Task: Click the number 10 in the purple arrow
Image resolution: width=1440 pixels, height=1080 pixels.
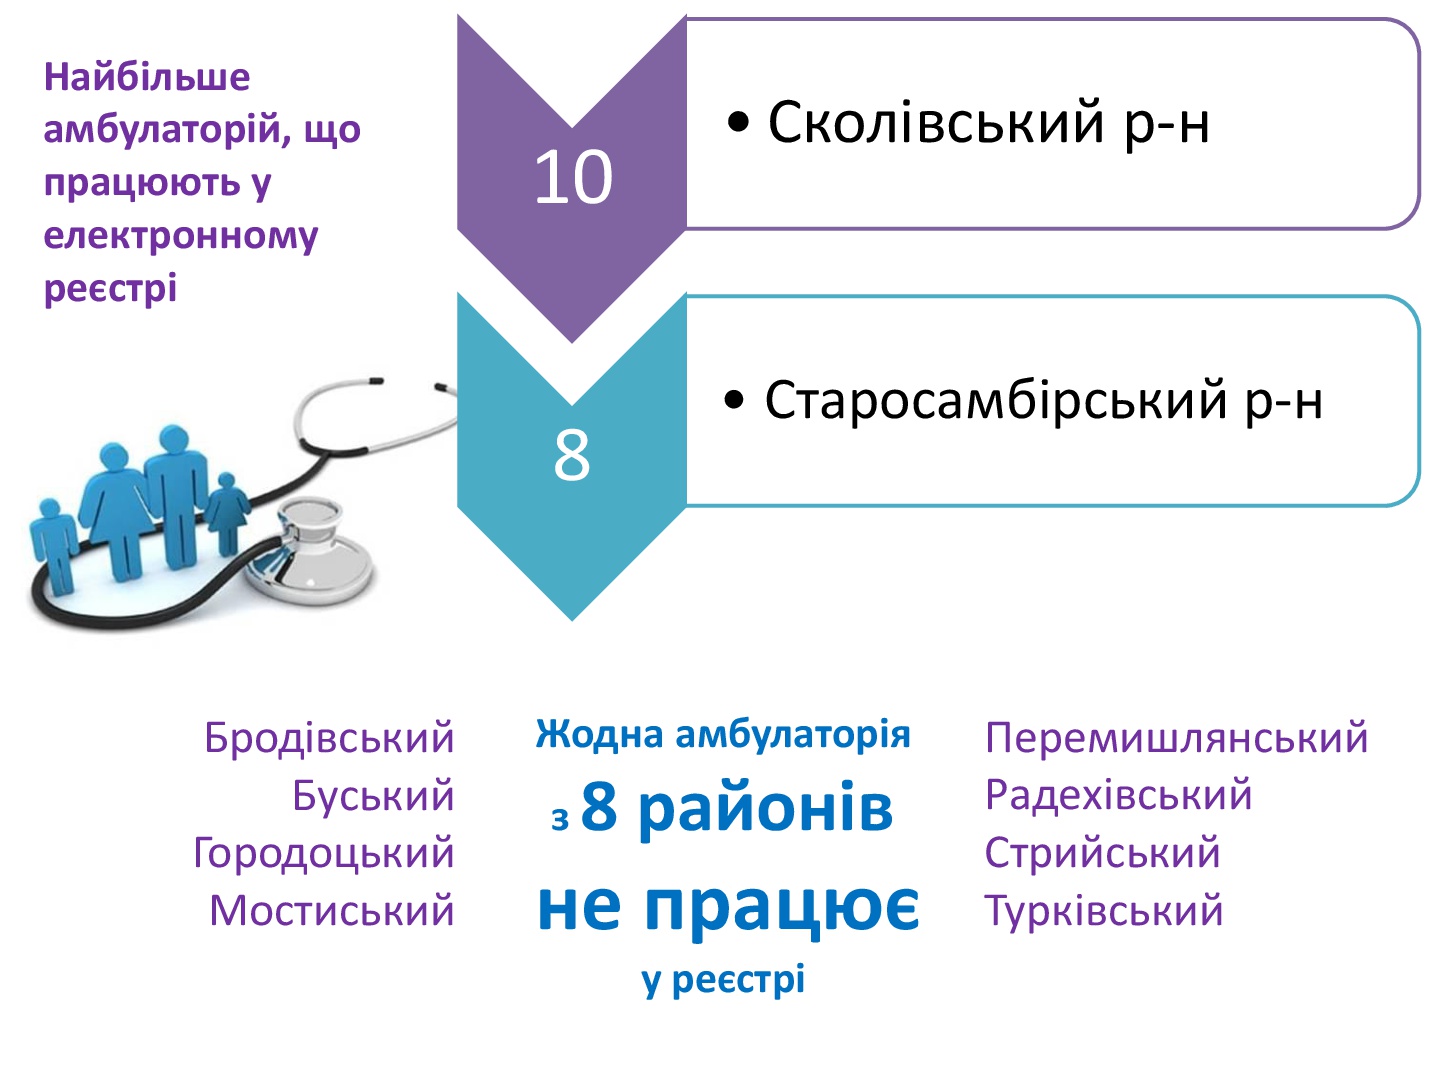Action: [x=573, y=177]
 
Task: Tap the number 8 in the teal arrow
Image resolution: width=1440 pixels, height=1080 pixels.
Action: [x=571, y=455]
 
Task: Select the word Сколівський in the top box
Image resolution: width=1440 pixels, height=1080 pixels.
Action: [x=936, y=123]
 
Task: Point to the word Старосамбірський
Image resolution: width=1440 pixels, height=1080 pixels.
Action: [x=995, y=401]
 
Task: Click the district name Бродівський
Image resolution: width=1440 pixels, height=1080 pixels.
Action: [x=329, y=738]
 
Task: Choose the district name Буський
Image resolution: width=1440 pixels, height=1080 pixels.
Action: [x=373, y=795]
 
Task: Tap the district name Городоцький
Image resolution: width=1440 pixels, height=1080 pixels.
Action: [x=323, y=853]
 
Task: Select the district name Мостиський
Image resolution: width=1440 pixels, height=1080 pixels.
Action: [x=331, y=911]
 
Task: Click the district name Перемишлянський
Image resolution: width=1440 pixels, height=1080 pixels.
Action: [x=1176, y=738]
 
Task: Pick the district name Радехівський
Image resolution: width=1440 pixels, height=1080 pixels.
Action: [x=1119, y=795]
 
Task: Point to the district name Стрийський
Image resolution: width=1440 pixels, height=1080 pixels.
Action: [x=1102, y=853]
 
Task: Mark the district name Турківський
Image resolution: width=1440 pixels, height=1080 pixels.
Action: [x=1104, y=911]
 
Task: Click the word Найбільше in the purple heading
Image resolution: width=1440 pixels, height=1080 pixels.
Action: [x=147, y=77]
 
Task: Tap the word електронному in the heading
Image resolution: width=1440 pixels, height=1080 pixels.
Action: [x=180, y=237]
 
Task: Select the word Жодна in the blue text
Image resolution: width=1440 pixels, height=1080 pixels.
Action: [x=599, y=734]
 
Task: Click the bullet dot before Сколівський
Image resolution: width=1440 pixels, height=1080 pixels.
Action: [x=738, y=123]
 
